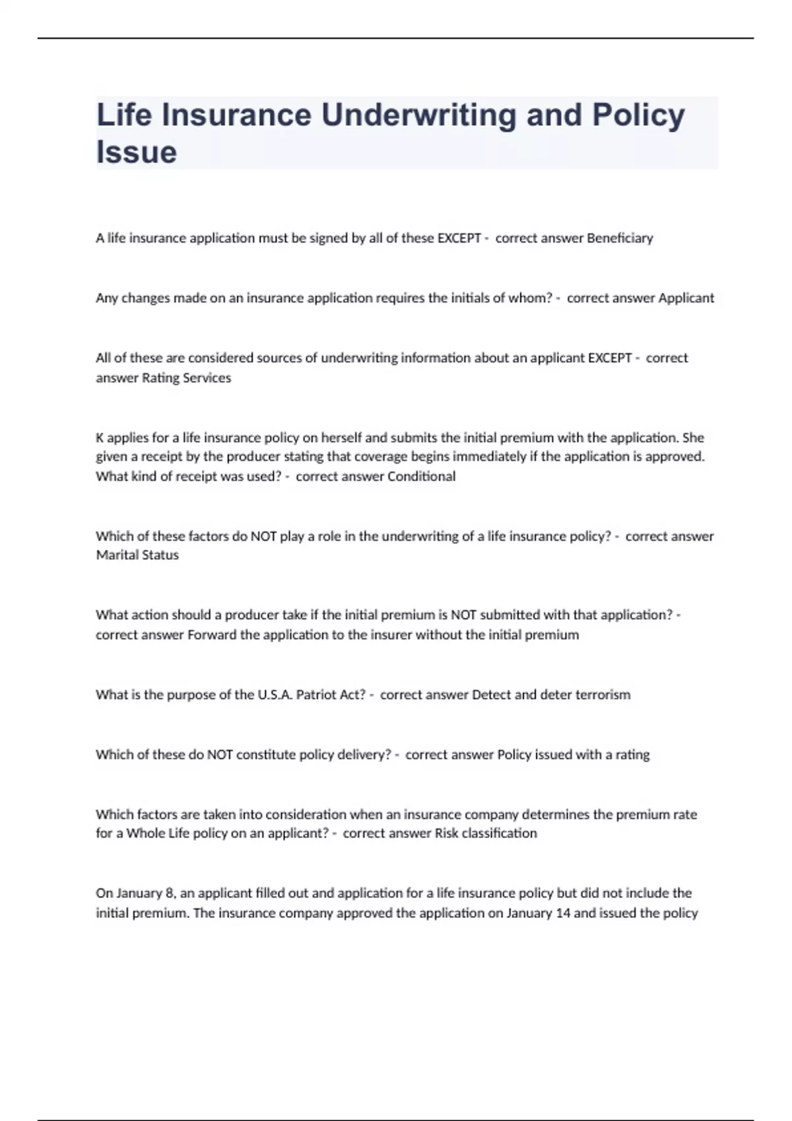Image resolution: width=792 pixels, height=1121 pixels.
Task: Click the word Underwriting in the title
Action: pyautogui.click(x=418, y=115)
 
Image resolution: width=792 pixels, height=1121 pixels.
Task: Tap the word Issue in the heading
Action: pyautogui.click(x=137, y=152)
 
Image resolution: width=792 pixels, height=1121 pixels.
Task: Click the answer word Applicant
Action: pyautogui.click(x=686, y=298)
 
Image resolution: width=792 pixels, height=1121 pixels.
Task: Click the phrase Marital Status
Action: pyautogui.click(x=137, y=555)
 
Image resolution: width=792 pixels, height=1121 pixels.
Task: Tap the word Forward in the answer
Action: pyautogui.click(x=212, y=635)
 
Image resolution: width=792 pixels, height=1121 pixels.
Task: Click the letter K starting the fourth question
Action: pyautogui.click(x=100, y=438)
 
